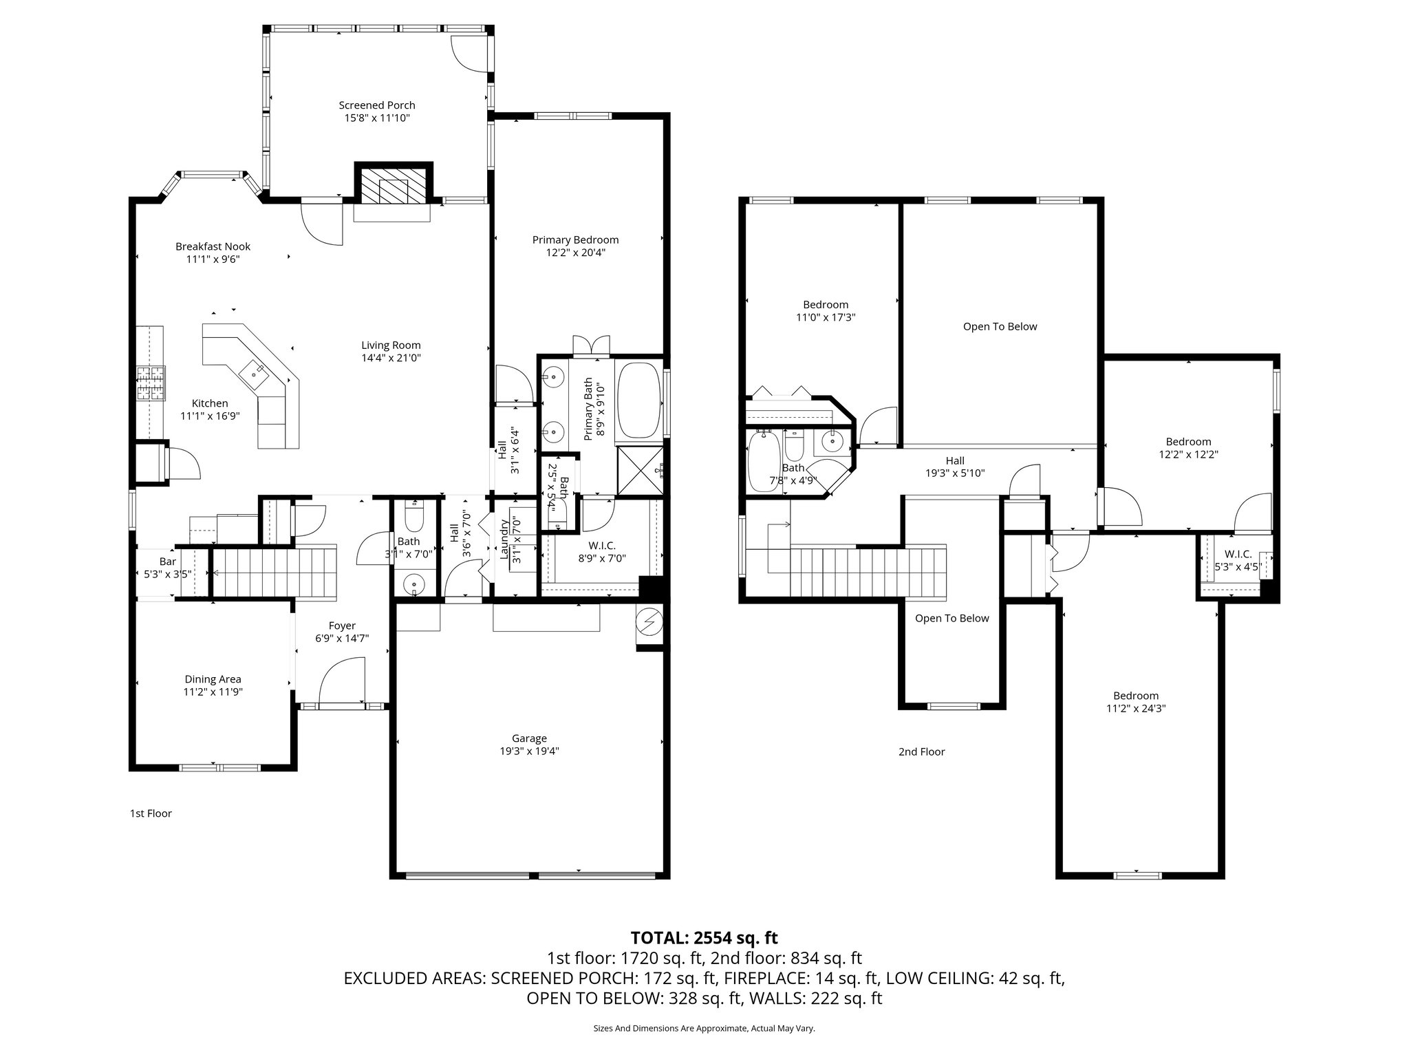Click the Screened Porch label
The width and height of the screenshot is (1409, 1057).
pos(376,105)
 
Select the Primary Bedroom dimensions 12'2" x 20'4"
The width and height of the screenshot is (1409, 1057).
pos(575,253)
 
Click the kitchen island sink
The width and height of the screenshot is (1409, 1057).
pos(256,372)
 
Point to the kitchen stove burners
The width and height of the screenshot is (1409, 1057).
pos(151,383)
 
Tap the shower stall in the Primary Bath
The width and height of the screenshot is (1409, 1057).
pos(641,471)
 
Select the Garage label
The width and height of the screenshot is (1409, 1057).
pos(529,738)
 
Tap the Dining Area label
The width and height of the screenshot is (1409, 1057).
pos(213,679)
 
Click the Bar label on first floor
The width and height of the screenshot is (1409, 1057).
pos(167,562)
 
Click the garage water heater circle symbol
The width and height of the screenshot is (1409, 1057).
pos(649,623)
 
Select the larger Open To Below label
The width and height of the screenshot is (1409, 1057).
pos(1000,326)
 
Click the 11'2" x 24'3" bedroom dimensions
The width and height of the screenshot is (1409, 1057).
pos(1136,708)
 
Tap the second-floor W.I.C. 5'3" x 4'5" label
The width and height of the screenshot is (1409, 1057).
pos(1237,561)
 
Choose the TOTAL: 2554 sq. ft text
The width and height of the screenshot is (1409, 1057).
pos(704,937)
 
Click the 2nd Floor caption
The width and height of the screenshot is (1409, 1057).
pos(921,751)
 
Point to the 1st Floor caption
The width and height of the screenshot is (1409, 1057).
pos(151,813)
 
